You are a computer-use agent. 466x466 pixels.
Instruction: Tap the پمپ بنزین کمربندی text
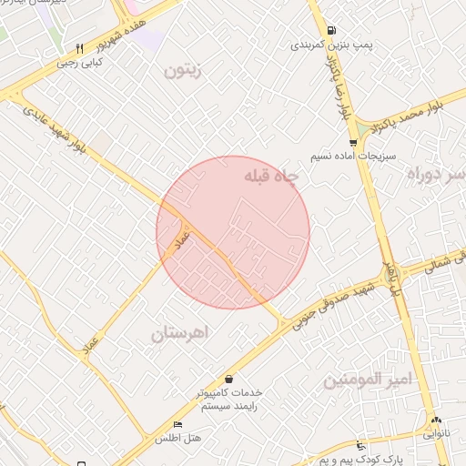[329, 44]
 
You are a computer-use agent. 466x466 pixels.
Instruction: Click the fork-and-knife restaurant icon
[80, 48]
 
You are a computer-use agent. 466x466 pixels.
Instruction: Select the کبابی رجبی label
[80, 63]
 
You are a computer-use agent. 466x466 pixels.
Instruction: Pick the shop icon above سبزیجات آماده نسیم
[352, 142]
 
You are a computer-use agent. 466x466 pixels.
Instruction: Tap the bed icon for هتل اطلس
[177, 425]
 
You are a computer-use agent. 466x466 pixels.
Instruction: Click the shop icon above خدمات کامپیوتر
[228, 379]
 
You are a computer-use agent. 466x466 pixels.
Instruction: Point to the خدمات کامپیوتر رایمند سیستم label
[228, 399]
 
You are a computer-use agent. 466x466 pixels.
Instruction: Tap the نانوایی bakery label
[436, 433]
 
